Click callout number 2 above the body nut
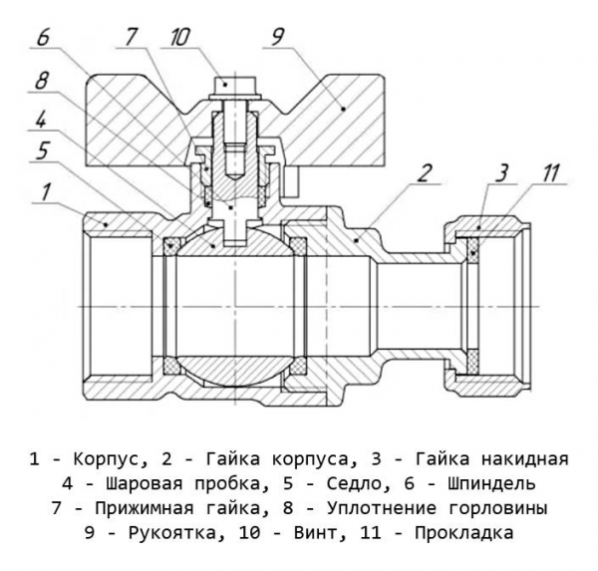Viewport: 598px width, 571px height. tap(425, 171)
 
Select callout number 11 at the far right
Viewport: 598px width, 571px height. tap(549, 171)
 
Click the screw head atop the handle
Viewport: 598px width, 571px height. tap(227, 86)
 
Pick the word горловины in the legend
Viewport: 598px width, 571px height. tap(498, 508)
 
